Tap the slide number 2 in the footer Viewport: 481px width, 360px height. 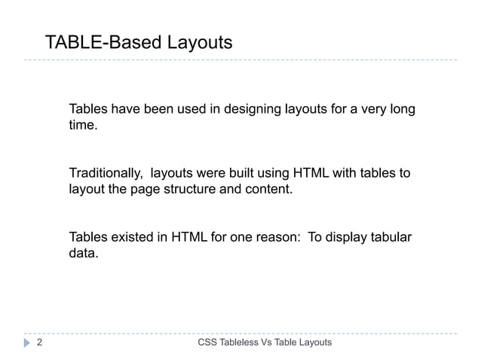pos(39,343)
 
